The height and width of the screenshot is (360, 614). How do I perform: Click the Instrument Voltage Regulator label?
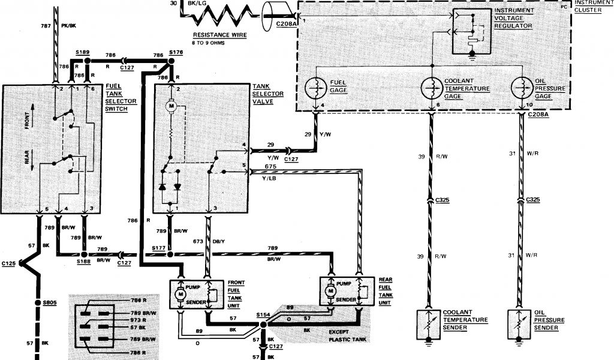[x=516, y=19]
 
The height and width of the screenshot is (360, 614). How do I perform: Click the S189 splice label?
[x=83, y=53]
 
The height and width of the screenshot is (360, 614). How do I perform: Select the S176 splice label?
[x=176, y=53]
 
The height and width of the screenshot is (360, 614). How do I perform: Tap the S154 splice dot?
[x=263, y=325]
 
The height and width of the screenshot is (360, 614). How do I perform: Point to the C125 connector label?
[x=9, y=263]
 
